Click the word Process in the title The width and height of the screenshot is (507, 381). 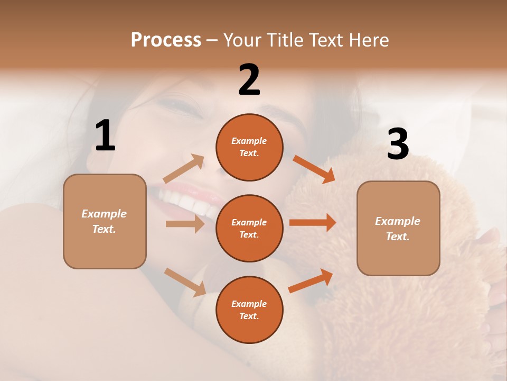pyautogui.click(x=166, y=40)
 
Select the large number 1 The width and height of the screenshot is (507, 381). pyautogui.click(x=105, y=135)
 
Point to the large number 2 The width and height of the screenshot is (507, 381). pyautogui.click(x=249, y=80)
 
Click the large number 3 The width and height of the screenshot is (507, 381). pyautogui.click(x=398, y=144)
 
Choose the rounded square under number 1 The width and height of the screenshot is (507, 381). pyautogui.click(x=105, y=221)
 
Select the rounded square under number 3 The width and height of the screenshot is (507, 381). pyautogui.click(x=398, y=229)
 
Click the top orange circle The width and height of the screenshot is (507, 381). pyautogui.click(x=249, y=147)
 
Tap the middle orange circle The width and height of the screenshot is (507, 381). pyautogui.click(x=249, y=229)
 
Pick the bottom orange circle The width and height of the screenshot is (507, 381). pyautogui.click(x=249, y=310)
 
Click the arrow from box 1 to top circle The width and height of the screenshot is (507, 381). pyautogui.click(x=183, y=169)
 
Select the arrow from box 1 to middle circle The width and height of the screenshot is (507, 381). pyautogui.click(x=184, y=224)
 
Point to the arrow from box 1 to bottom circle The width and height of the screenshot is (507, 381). pyautogui.click(x=185, y=282)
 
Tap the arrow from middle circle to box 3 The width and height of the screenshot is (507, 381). pyautogui.click(x=312, y=223)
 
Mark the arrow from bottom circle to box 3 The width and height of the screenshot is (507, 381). pyautogui.click(x=311, y=281)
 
